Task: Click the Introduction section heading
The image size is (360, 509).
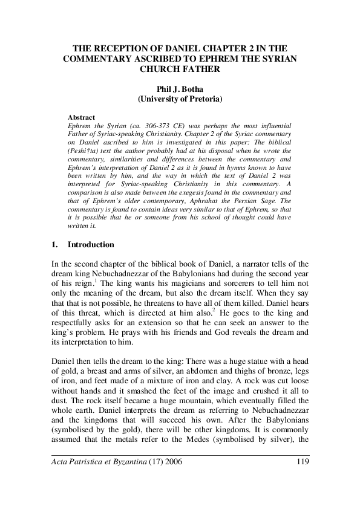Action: (91, 245)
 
